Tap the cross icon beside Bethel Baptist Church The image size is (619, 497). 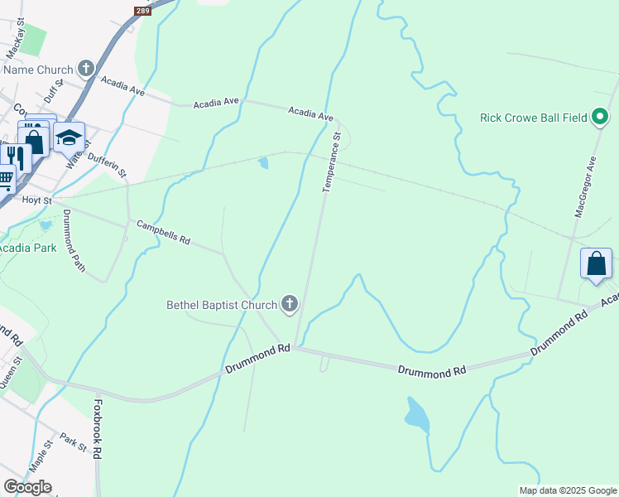pyautogui.click(x=290, y=306)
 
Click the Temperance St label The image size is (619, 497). pyautogui.click(x=331, y=162)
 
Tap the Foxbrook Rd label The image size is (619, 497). pyautogui.click(x=98, y=430)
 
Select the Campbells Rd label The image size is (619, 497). pyautogui.click(x=163, y=231)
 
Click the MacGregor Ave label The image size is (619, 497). pyautogui.click(x=585, y=186)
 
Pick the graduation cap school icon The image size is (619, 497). pyautogui.click(x=70, y=138)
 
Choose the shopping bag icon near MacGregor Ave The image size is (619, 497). pyautogui.click(x=596, y=264)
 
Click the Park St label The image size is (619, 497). pyautogui.click(x=73, y=446)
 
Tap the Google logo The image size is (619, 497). pyautogui.click(x=27, y=487)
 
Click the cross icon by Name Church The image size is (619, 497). pyautogui.click(x=85, y=70)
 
